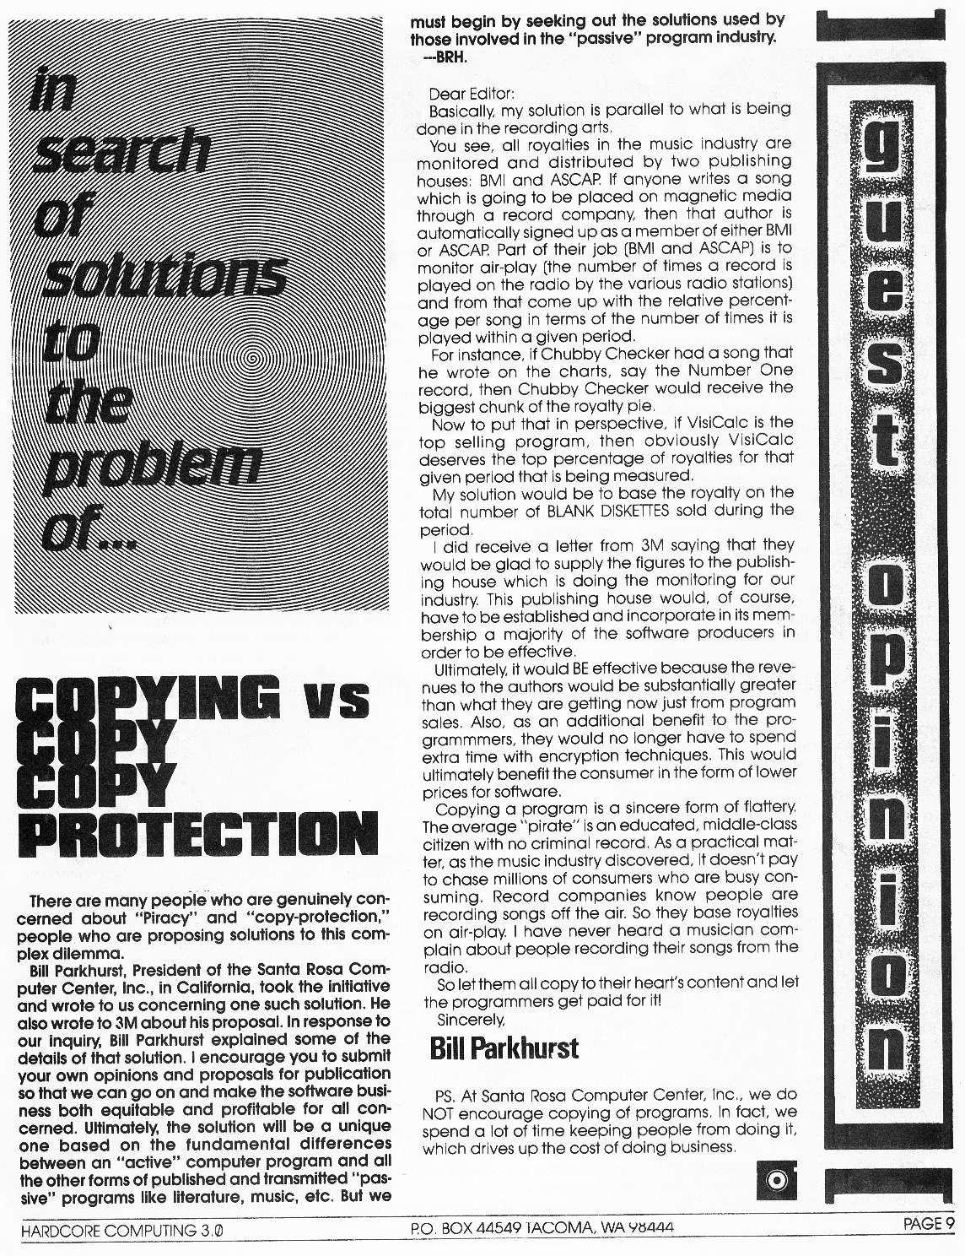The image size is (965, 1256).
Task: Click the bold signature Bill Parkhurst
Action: (x=504, y=1048)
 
